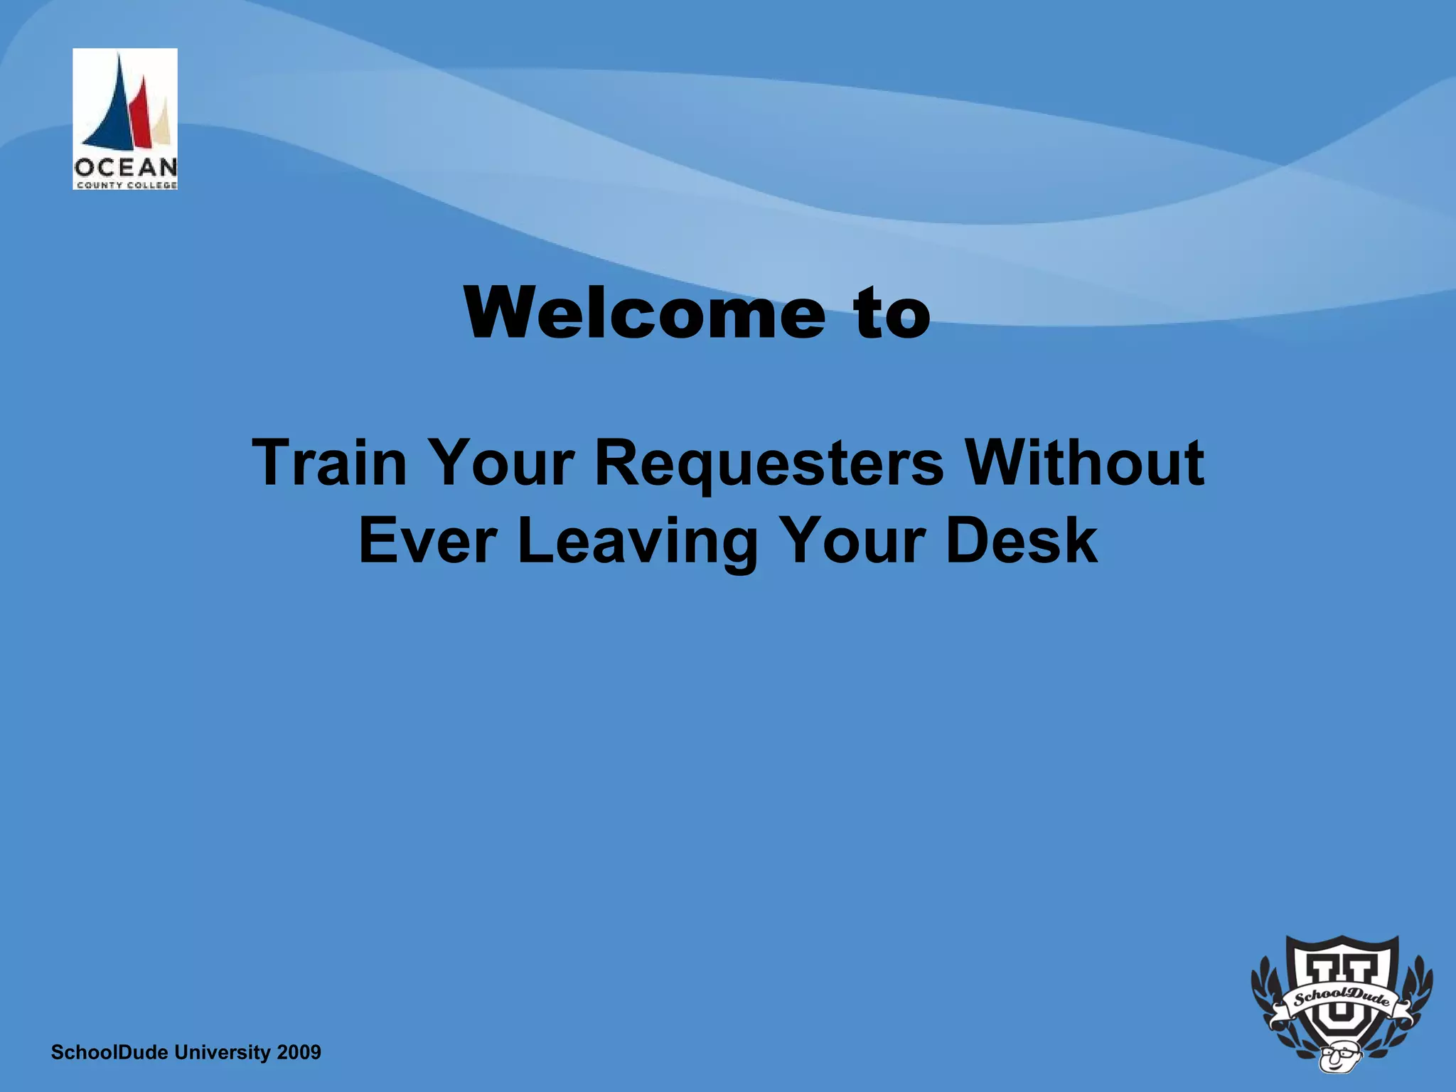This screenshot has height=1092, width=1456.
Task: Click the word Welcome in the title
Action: [644, 314]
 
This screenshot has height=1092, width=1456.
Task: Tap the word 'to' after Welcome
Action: [893, 314]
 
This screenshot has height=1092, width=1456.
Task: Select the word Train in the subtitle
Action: [329, 463]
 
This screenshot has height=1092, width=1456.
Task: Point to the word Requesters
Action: [769, 463]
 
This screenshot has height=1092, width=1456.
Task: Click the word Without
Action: [1085, 463]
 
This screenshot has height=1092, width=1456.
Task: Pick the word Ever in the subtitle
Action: [427, 541]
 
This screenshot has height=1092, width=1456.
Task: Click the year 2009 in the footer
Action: [299, 1052]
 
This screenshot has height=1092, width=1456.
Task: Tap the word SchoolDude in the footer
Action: [111, 1052]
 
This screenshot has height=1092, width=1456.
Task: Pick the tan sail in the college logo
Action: [164, 128]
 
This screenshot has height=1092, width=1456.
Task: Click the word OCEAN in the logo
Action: [125, 168]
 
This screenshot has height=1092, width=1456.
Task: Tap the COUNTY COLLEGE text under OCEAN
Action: [125, 185]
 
